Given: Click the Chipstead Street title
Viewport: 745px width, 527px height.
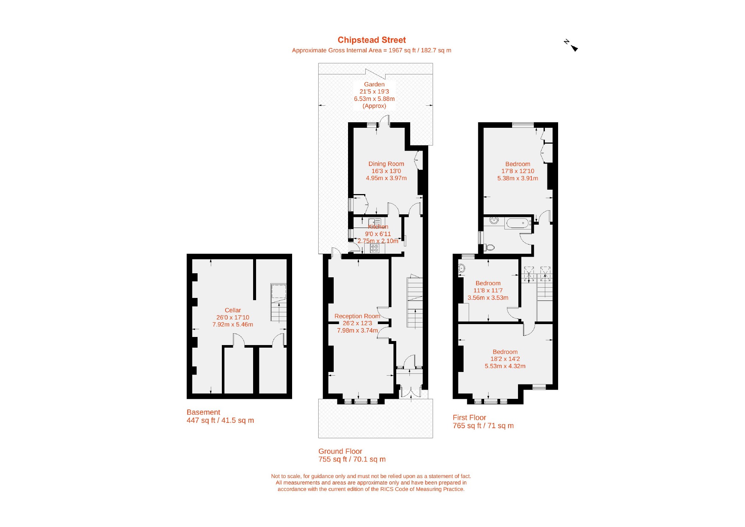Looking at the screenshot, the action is (372, 40).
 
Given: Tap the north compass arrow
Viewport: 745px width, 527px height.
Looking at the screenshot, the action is (571, 45).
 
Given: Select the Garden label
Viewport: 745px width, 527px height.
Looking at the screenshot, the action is (374, 84).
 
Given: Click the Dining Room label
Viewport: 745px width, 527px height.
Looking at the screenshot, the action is (386, 164).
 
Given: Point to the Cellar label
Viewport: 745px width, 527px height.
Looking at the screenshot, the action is (233, 310).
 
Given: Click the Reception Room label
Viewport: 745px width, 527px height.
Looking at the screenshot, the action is (357, 316).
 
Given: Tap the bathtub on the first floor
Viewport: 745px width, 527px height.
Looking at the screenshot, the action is (518, 223).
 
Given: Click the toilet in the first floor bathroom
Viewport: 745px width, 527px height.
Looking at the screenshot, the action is (489, 247).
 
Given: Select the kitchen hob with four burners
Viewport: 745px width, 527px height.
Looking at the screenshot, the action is (375, 248).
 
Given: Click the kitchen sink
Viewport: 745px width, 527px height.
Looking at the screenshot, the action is (375, 222).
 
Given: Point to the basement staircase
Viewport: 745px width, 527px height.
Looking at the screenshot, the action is (279, 302).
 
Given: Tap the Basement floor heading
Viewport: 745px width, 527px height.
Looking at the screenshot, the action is (203, 412).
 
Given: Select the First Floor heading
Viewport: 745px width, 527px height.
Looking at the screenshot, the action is (469, 418).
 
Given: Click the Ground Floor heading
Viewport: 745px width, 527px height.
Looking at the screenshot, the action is (340, 452).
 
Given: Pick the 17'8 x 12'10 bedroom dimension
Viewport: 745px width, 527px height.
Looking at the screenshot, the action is (518, 171).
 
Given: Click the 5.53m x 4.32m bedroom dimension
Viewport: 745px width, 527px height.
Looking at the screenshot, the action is (505, 366).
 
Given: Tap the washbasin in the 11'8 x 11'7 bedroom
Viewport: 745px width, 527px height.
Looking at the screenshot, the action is (461, 268).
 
